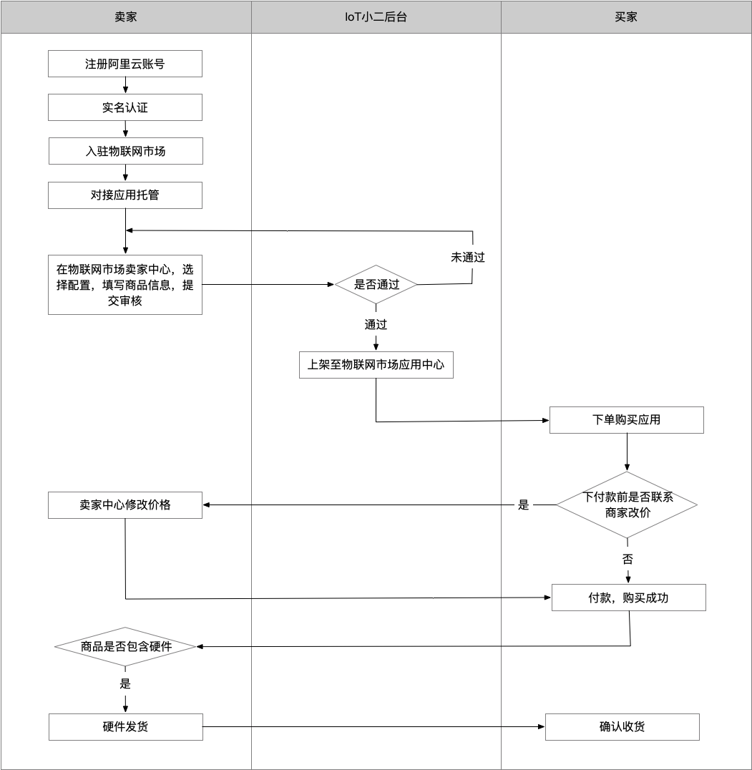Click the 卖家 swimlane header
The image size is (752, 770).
tap(126, 17)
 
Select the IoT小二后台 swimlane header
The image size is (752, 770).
tap(376, 17)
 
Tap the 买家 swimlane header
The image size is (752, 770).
tap(626, 17)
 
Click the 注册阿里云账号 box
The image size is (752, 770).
tap(125, 64)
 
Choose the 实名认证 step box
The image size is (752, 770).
tap(125, 107)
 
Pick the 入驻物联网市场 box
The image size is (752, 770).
tap(126, 151)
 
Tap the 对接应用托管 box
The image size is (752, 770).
tap(125, 195)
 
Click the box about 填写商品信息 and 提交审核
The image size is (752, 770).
tap(125, 285)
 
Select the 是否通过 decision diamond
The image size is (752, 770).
tap(376, 284)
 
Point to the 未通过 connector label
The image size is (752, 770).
tap(468, 258)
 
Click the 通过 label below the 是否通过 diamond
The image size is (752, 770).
tap(376, 325)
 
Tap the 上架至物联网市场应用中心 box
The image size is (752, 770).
tap(376, 365)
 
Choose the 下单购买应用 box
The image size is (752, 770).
tap(626, 420)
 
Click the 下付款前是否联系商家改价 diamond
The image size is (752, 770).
tap(627, 505)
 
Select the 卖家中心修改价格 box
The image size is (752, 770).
tap(125, 505)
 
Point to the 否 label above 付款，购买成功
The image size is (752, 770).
tap(628, 559)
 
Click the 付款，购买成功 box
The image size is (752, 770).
tap(629, 598)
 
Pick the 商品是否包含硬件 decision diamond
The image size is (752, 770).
tap(125, 647)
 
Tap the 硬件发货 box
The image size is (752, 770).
tap(126, 727)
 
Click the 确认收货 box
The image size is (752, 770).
tap(622, 727)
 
